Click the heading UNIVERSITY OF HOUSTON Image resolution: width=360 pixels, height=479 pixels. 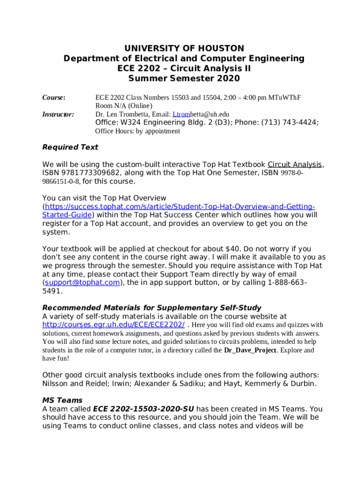(x=184, y=49)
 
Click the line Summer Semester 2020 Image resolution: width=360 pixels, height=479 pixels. (x=184, y=79)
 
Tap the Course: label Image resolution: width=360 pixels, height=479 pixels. (x=54, y=98)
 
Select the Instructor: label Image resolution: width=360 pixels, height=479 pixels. (x=58, y=114)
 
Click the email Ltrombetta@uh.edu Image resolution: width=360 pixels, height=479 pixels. (x=201, y=114)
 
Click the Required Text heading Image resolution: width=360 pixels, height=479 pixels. (x=70, y=147)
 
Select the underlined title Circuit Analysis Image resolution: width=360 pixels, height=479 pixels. (x=295, y=165)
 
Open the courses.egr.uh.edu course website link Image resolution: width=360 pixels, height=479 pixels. (x=113, y=325)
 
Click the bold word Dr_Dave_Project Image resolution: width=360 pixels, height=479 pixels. (x=250, y=350)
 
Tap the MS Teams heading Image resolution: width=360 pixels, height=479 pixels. (x=62, y=400)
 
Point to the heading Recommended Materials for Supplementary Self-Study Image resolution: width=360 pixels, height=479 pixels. (x=151, y=308)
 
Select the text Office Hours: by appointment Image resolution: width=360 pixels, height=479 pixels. (x=137, y=131)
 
